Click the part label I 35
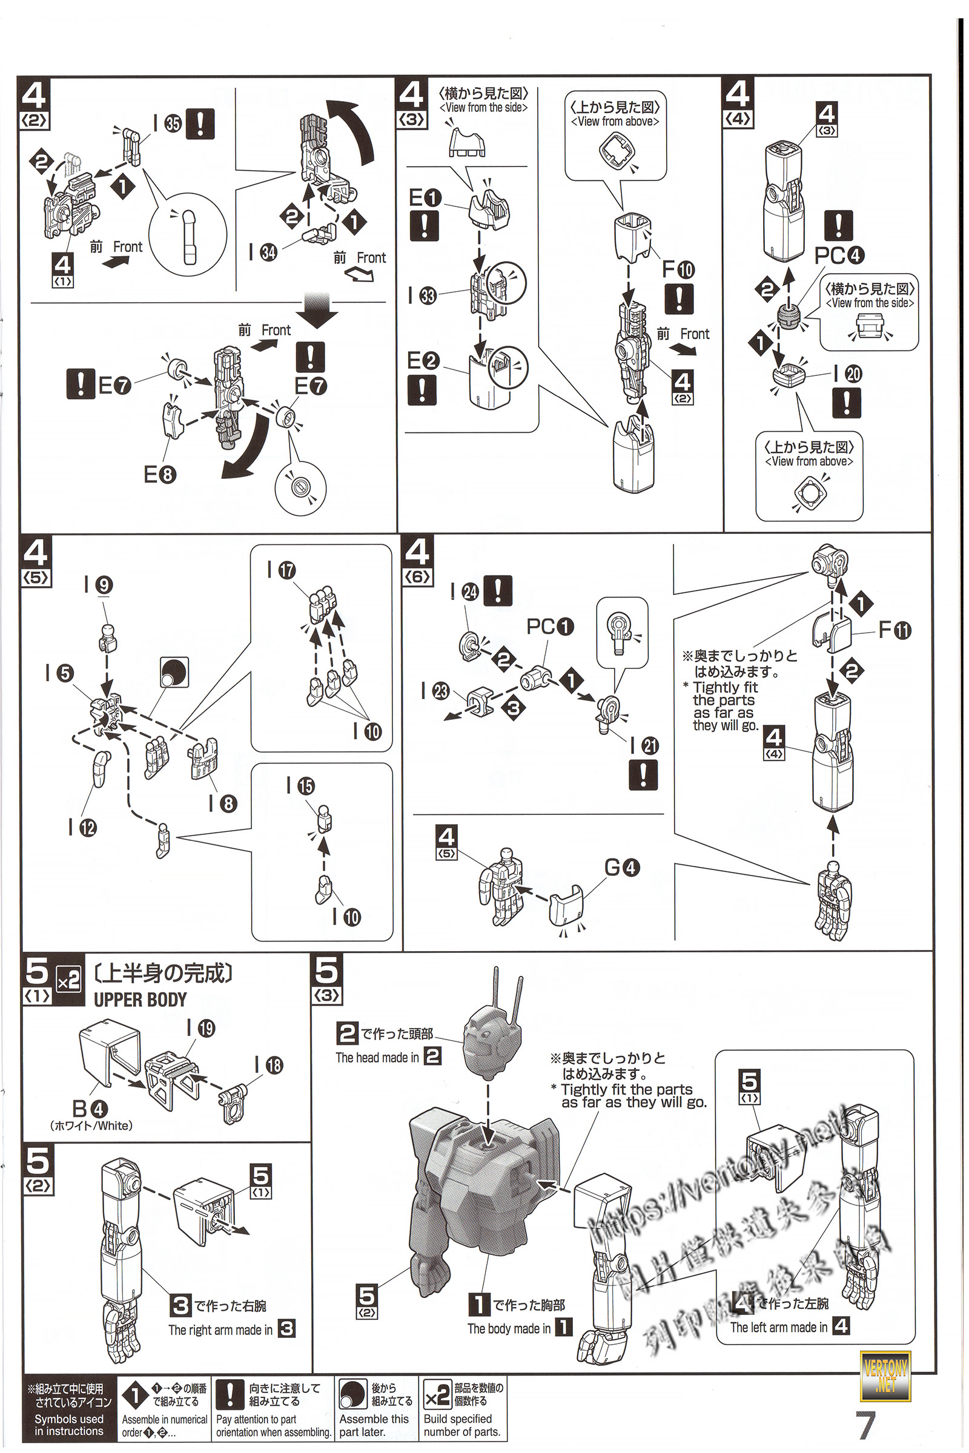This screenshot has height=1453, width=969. (167, 124)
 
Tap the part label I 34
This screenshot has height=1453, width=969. (263, 252)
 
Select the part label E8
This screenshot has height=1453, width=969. (160, 475)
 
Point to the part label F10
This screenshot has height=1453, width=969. (678, 269)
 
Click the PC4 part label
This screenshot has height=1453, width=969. (839, 254)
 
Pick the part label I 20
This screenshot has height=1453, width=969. (847, 374)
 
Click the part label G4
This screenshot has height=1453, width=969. (622, 868)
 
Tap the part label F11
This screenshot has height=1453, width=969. (895, 630)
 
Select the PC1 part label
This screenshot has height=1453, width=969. (550, 627)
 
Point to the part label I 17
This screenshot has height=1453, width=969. (281, 570)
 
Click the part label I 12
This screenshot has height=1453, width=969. (82, 827)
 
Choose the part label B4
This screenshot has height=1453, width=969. (90, 1109)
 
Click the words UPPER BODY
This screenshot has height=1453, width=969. (141, 1000)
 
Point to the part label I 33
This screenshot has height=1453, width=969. (422, 296)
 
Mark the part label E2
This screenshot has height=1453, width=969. (423, 361)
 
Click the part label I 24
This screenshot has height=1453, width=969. (463, 592)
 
